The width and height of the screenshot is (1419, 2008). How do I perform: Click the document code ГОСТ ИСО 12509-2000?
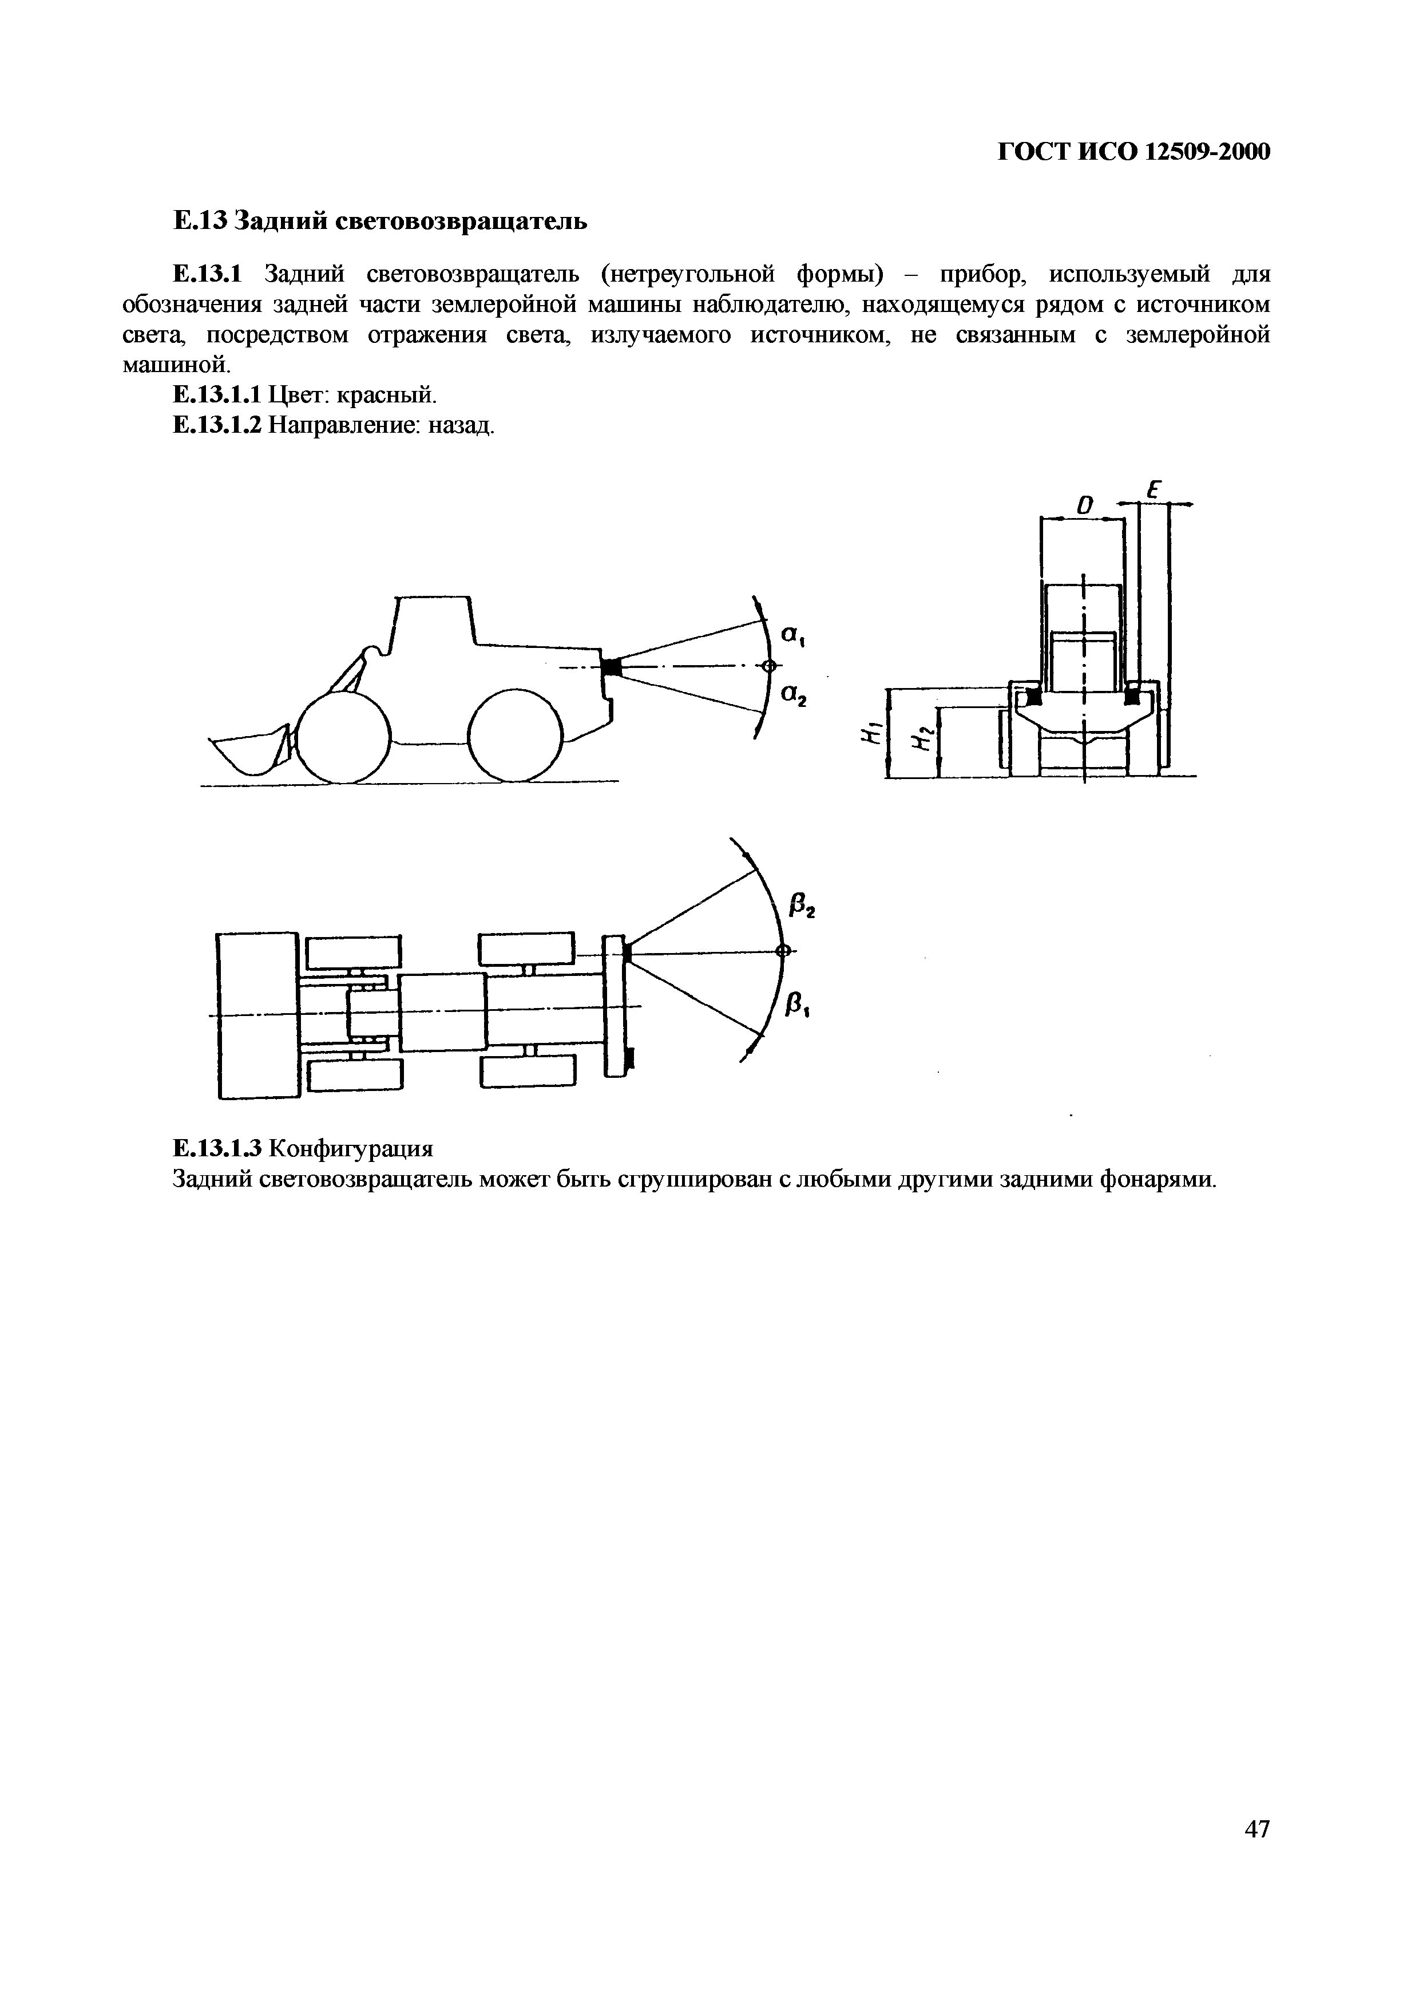pyautogui.click(x=1133, y=152)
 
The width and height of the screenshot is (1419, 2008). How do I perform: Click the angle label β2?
pyautogui.click(x=800, y=908)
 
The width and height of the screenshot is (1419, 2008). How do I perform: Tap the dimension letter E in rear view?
pyautogui.click(x=1152, y=492)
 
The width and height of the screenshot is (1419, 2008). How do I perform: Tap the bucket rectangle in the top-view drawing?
pyautogui.click(x=259, y=1014)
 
